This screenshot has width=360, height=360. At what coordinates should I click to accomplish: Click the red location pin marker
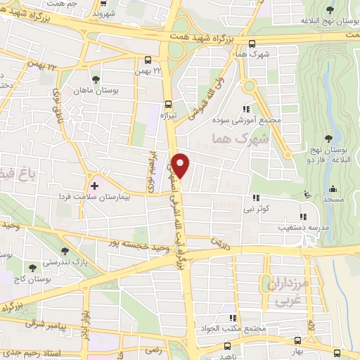(181, 165)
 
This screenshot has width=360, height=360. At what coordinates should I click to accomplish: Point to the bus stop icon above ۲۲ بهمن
(148, 60)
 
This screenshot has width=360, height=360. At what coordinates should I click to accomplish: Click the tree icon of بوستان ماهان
(96, 79)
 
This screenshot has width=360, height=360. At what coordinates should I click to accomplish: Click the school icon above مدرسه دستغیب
(303, 217)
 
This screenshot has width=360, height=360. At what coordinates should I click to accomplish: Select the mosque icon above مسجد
(333, 189)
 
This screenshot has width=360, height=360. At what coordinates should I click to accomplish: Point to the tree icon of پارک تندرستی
(65, 250)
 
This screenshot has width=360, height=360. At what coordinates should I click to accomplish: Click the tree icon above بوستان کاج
(32, 267)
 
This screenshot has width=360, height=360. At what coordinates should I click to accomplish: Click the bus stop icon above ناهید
(226, 346)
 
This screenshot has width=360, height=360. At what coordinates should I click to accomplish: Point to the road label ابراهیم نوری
(150, 172)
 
